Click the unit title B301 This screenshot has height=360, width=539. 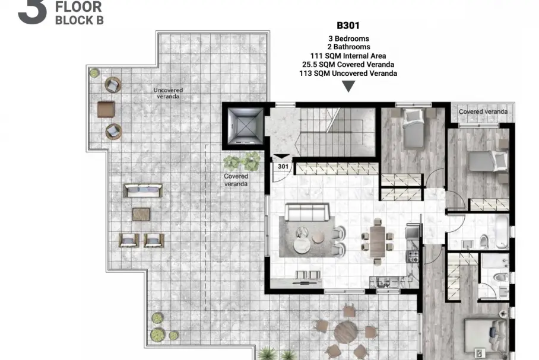(348, 26)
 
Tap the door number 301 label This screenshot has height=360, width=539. (283, 167)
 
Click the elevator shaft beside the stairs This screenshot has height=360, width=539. (245, 126)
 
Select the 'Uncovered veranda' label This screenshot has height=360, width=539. (168, 93)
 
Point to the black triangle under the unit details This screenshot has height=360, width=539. (348, 86)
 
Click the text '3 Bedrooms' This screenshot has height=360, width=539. (348, 39)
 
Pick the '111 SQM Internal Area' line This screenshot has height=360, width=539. (348, 56)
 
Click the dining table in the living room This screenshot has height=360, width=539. (378, 241)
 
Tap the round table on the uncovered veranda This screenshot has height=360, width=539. (346, 332)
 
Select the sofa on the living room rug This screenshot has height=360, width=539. (307, 212)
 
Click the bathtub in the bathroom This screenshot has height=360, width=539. (502, 231)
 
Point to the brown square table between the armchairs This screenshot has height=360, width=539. (106, 109)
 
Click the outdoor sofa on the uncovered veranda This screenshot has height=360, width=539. (142, 190)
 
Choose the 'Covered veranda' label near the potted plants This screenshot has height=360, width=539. (236, 180)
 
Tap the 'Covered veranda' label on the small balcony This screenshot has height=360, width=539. (483, 111)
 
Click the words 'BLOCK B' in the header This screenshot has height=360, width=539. (80, 20)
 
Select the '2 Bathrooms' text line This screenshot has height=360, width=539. (348, 47)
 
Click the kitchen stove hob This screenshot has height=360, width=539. (413, 256)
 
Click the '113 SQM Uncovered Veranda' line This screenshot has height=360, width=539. (348, 73)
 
